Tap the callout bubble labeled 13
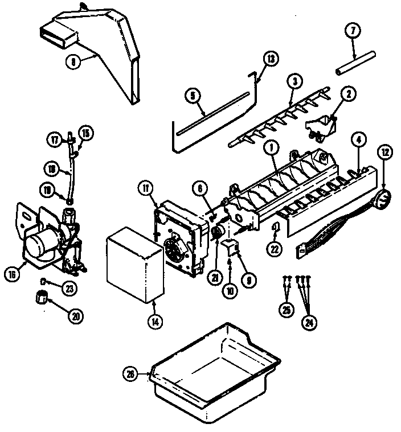[271, 59]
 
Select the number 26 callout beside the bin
[130, 374]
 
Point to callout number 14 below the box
[154, 320]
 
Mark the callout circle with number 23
[68, 289]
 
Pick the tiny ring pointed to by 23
[44, 280]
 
